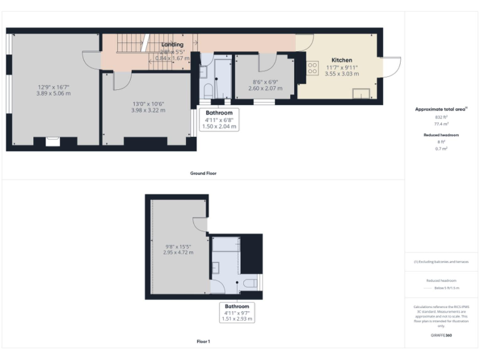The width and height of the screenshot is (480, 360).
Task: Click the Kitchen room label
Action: [x=342, y=61]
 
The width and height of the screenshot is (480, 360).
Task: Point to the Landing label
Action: [x=172, y=45]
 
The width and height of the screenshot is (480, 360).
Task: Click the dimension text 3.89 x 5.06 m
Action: [x=54, y=93]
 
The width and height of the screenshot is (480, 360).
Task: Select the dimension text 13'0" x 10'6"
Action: [x=148, y=104]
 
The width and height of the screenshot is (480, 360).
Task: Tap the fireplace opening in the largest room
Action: [x=54, y=142]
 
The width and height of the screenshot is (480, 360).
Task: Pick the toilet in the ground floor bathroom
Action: [x=207, y=91]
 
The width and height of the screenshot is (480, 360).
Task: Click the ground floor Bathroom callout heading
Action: [x=219, y=113]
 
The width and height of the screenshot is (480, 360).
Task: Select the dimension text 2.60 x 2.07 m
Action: [x=266, y=89]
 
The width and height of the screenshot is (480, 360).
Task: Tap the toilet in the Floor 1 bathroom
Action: [x=250, y=283]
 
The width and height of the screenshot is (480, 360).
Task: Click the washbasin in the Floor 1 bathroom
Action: [x=216, y=268]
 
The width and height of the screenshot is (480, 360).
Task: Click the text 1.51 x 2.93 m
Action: [x=237, y=319]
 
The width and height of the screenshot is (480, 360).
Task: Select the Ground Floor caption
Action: [x=204, y=173]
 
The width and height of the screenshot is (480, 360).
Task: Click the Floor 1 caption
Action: [x=204, y=341]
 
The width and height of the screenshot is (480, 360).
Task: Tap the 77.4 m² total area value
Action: [x=442, y=124]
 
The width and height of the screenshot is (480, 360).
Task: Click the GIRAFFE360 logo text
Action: [x=441, y=336]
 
